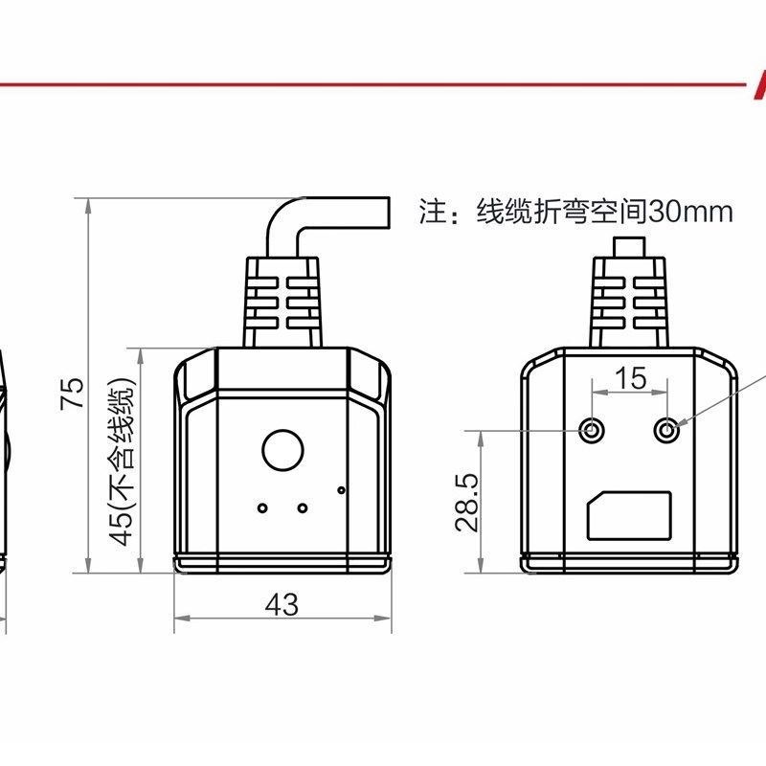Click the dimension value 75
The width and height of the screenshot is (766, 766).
pyautogui.click(x=74, y=393)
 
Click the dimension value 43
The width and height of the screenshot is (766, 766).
pyautogui.click(x=282, y=605)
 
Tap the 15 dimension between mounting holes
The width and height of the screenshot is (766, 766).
pyautogui.click(x=630, y=379)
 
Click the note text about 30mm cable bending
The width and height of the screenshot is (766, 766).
pyautogui.click(x=575, y=212)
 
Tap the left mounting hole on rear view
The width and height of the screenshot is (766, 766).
pyautogui.click(x=594, y=432)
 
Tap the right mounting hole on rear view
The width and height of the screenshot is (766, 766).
pyautogui.click(x=667, y=432)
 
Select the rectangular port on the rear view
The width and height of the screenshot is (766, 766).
pyautogui.click(x=630, y=515)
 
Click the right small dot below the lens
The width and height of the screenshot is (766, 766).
pyautogui.click(x=303, y=507)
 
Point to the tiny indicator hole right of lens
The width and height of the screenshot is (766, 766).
pyautogui.click(x=341, y=490)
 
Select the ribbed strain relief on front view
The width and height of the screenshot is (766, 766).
pyautogui.click(x=282, y=302)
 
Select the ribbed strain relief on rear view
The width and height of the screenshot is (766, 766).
pyautogui.click(x=630, y=302)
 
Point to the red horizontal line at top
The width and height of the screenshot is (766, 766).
pyautogui.click(x=373, y=84)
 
